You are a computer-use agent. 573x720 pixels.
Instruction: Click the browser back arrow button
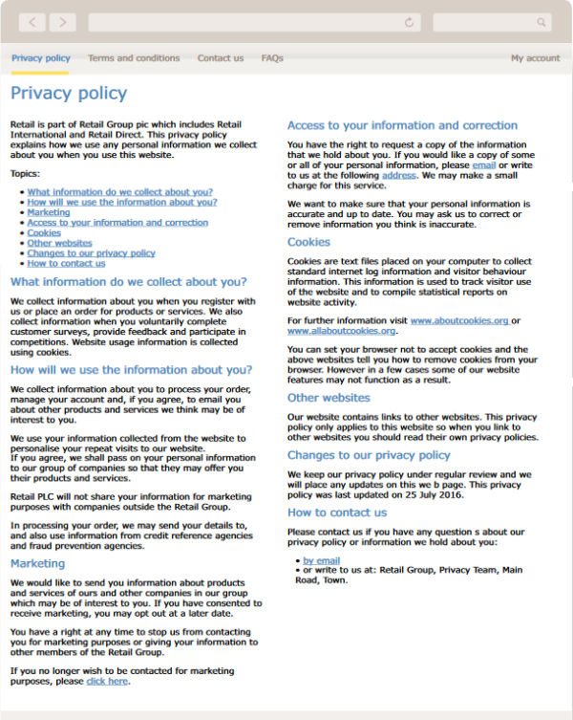[32, 22]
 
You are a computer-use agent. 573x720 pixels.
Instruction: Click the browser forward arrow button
[62, 22]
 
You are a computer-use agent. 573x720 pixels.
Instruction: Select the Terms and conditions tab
[134, 58]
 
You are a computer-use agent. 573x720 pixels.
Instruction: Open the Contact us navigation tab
[221, 58]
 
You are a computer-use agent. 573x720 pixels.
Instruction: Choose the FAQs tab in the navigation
[272, 58]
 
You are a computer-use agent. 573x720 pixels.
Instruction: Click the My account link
[535, 58]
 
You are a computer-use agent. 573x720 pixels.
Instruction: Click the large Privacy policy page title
[69, 93]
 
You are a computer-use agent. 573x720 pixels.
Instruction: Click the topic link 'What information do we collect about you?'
[119, 192]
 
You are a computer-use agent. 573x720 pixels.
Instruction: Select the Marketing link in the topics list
[48, 212]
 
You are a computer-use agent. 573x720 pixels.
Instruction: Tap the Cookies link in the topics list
[44, 233]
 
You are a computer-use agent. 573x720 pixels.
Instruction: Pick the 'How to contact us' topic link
[66, 264]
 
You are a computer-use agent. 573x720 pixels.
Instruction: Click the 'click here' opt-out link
[107, 682]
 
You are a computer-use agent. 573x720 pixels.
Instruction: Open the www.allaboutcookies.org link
[341, 331]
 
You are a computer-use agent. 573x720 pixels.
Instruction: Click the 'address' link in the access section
[398, 176]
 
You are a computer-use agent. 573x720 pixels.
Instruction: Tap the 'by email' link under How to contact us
[321, 560]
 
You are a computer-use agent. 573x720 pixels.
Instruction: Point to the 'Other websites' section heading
[329, 398]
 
